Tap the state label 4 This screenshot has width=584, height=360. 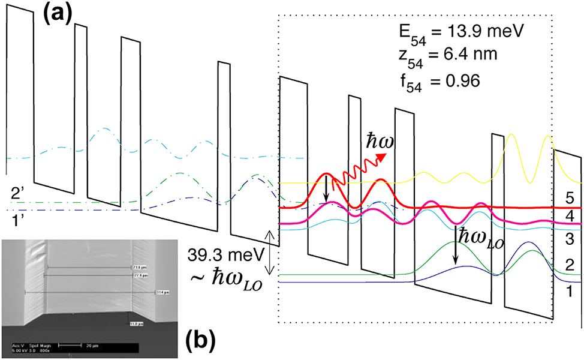coord(568,214)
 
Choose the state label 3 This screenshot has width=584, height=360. coord(568,240)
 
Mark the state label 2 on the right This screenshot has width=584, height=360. coord(568,266)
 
